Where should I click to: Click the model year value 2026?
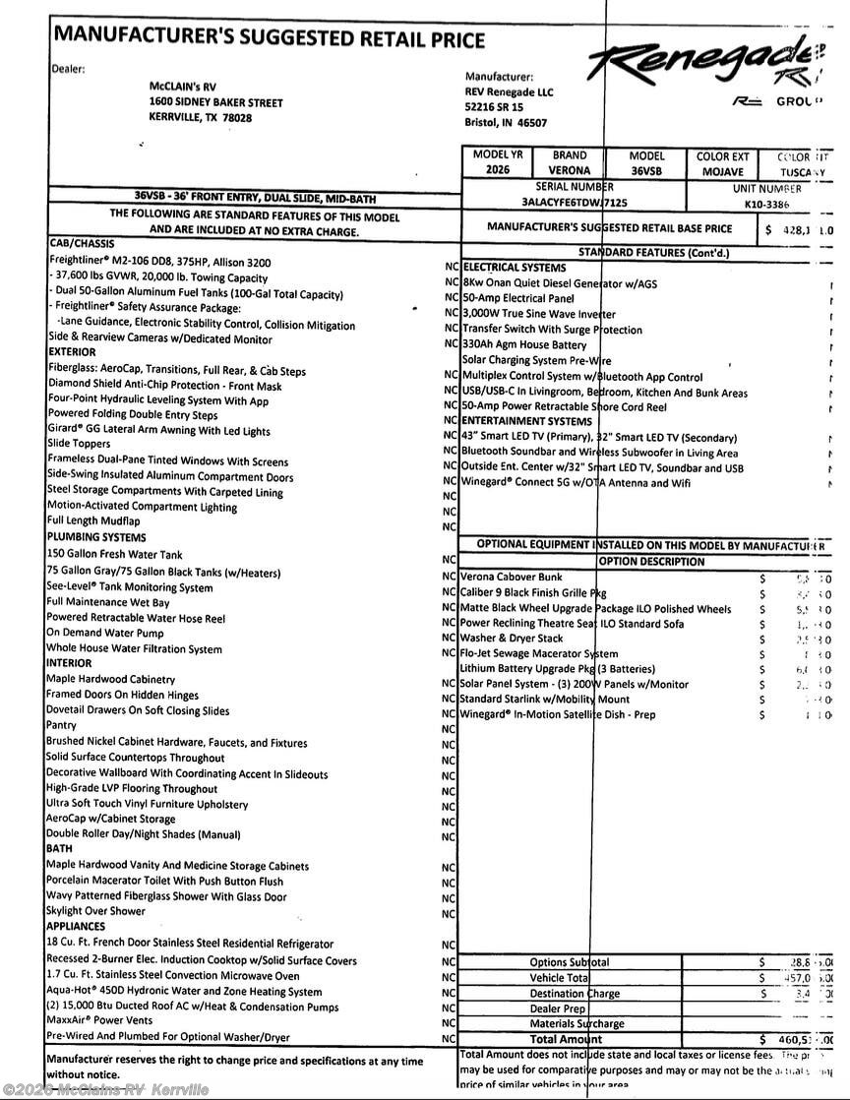(498, 170)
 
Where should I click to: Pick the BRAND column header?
(569, 155)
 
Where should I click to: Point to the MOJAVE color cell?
(722, 170)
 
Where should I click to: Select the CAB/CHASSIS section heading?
(82, 243)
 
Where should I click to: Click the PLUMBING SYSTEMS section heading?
(96, 537)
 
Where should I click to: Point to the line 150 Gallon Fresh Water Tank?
(114, 554)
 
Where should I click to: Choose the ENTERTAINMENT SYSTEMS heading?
(527, 421)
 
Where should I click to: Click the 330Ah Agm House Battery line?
(524, 344)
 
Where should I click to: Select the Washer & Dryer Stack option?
(512, 639)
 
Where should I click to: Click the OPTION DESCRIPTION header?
(651, 562)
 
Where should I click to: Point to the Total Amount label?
(565, 1039)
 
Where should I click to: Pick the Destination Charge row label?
(576, 994)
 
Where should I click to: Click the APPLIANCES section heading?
(76, 927)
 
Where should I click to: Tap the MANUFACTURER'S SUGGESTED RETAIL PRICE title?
(270, 38)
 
